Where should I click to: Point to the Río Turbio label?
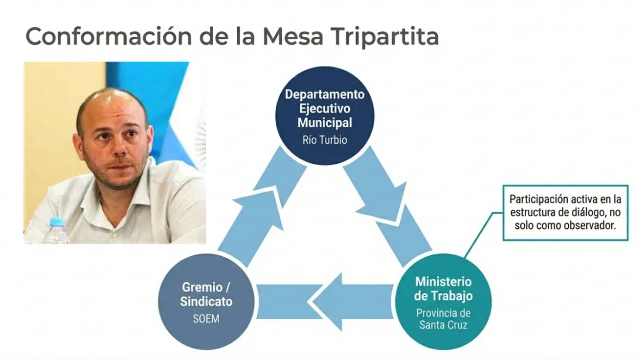(x=324, y=140)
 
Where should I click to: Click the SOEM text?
(x=206, y=318)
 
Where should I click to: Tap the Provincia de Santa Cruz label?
(x=443, y=319)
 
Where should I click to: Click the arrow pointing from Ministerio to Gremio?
(x=325, y=301)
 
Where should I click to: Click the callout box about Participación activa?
(x=565, y=213)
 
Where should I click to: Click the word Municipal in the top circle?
(x=324, y=123)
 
